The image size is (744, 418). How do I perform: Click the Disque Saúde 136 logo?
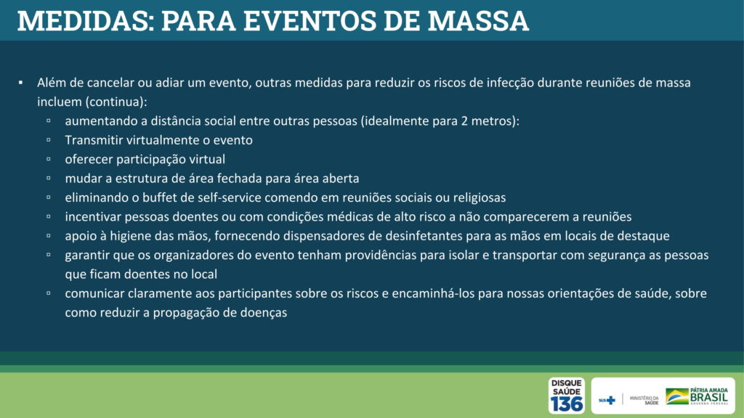[x=567, y=396]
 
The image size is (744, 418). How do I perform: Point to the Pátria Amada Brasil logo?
[x=697, y=396]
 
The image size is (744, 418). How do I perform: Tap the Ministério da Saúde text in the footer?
[x=644, y=400]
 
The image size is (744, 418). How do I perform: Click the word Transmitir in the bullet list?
[x=94, y=140]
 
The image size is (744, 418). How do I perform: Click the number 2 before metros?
[x=464, y=121]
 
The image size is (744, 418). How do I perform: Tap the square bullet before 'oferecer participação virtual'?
[x=49, y=159]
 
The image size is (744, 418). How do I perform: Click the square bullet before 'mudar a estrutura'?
[x=49, y=179]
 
